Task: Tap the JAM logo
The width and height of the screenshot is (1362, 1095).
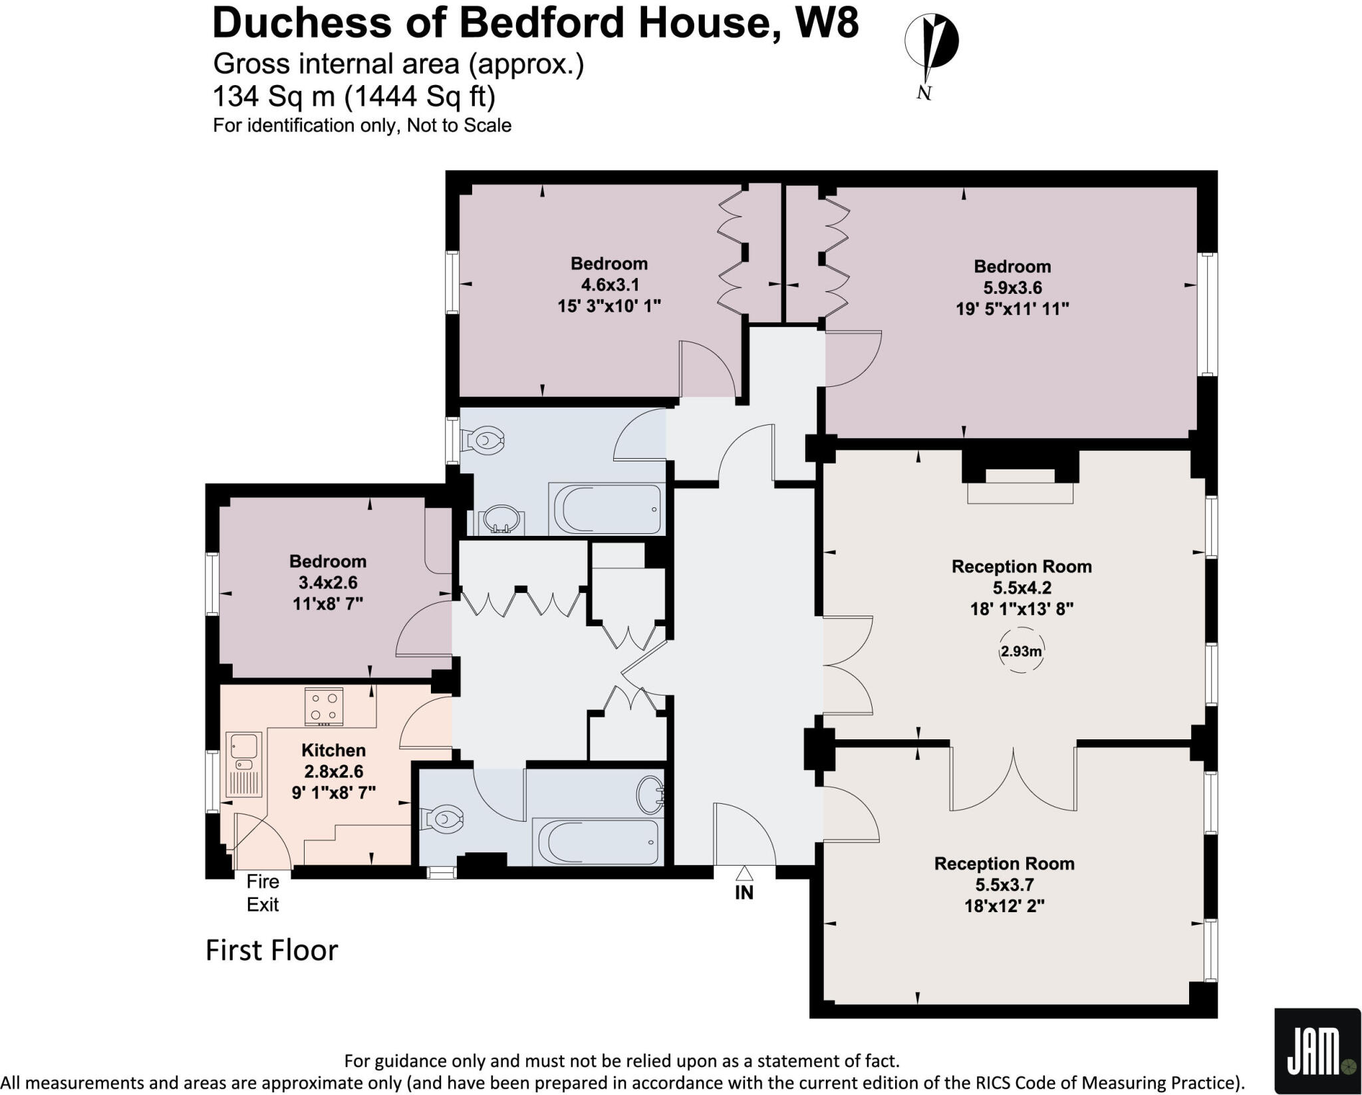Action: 1317,1050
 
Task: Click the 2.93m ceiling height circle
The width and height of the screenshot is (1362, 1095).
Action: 1021,652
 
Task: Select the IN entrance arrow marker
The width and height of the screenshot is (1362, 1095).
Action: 744,873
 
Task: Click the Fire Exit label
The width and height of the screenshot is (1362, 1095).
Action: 263,893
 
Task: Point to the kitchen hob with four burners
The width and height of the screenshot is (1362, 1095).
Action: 324,706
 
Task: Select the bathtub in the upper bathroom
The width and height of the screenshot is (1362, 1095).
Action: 605,509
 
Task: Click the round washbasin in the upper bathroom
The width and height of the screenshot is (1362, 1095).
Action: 499,519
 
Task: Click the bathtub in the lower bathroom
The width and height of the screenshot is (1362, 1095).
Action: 597,842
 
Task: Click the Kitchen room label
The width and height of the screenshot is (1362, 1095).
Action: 333,750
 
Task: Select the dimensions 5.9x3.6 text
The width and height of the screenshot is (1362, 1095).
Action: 1012,288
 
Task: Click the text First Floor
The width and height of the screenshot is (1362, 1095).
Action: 271,950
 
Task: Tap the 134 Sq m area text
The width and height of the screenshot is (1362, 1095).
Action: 273,97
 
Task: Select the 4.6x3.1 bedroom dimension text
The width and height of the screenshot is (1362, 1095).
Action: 610,285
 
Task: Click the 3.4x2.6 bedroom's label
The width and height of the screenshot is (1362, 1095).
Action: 328,561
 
